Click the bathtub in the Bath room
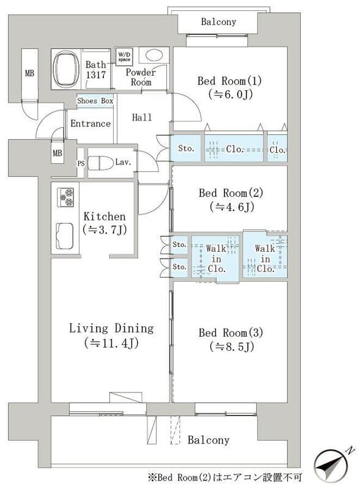(66, 69)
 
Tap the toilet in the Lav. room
(100, 163)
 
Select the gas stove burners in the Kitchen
(65, 197)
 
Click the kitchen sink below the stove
(65, 236)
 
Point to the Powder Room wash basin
(154, 56)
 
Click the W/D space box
(124, 56)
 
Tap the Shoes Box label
(95, 101)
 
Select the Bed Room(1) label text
(230, 81)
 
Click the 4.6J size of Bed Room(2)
(232, 207)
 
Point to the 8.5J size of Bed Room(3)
(232, 347)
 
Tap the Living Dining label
(111, 329)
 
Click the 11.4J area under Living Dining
(111, 343)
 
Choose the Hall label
(142, 117)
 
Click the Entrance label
(90, 123)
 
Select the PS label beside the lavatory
(81, 163)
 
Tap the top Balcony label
(218, 22)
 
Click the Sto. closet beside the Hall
(186, 148)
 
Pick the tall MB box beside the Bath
(30, 73)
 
